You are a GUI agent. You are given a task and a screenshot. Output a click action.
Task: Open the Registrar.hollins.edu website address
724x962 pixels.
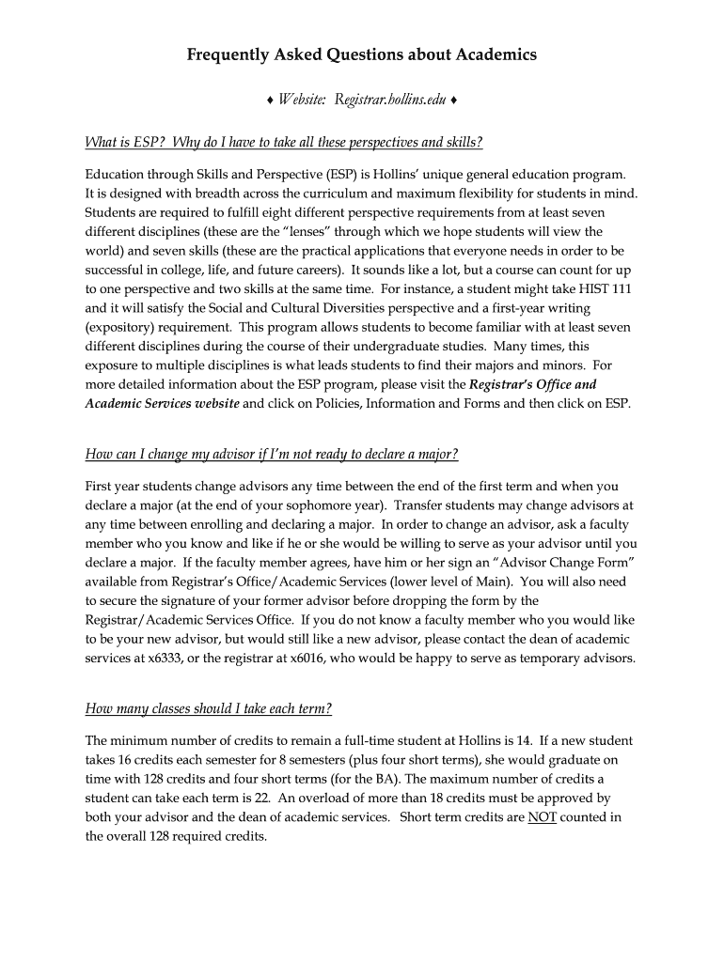coord(387,100)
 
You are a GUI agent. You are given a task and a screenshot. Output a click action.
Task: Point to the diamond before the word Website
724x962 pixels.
coord(269,100)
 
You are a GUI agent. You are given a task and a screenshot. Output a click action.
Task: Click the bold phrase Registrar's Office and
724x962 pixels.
coord(532,383)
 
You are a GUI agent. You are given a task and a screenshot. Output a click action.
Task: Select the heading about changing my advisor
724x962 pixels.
coord(272,455)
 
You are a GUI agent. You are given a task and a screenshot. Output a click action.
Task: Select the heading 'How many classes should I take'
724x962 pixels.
coord(209,707)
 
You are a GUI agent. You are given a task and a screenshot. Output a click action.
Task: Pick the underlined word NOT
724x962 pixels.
coord(542,816)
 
